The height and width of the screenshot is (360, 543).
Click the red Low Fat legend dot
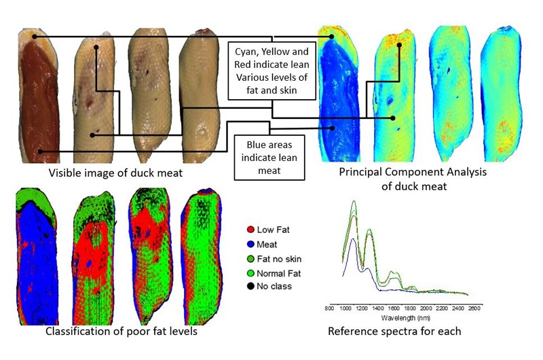250,230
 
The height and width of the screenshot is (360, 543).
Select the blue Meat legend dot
250,245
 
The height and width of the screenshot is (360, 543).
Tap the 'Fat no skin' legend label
279,259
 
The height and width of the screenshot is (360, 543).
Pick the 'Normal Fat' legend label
279,274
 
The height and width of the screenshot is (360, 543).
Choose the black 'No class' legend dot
250,287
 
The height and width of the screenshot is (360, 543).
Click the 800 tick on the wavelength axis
329,308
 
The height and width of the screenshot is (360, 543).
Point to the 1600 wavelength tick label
394,308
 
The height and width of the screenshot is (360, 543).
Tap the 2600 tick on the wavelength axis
474,308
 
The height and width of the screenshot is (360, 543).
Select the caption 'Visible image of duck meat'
115,173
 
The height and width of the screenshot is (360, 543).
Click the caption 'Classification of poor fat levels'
121,331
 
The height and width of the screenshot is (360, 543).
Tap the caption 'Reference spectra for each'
394,331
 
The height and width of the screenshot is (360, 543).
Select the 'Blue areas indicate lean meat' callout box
269,158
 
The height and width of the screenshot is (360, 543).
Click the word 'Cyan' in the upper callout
246,52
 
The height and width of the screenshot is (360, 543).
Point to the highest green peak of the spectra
354,201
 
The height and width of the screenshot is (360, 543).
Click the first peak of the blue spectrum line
353,239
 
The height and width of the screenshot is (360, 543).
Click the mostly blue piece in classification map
37,256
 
